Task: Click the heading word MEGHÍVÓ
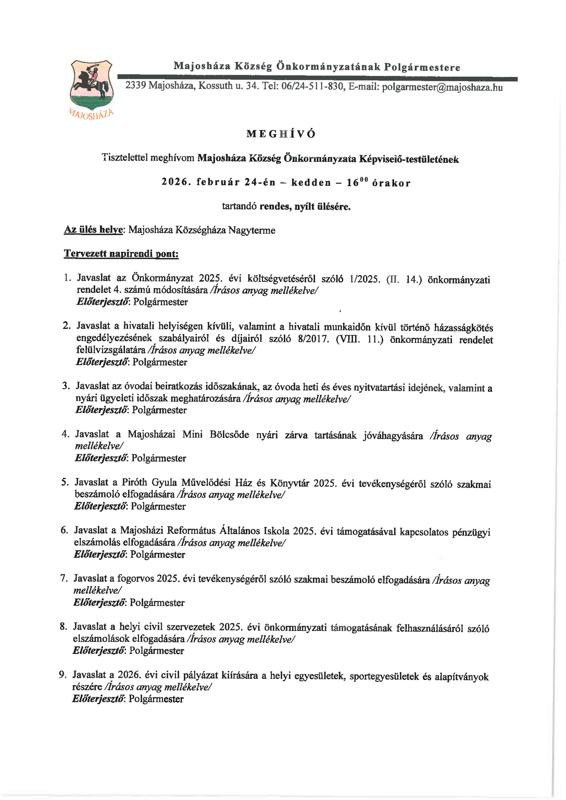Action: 281,134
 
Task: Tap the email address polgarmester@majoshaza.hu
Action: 442,87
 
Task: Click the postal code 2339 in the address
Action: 135,85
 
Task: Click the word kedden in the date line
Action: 311,182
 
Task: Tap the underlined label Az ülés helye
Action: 93,230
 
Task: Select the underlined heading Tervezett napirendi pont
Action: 121,254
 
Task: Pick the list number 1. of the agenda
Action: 68,278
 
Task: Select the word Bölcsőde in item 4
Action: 229,435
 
